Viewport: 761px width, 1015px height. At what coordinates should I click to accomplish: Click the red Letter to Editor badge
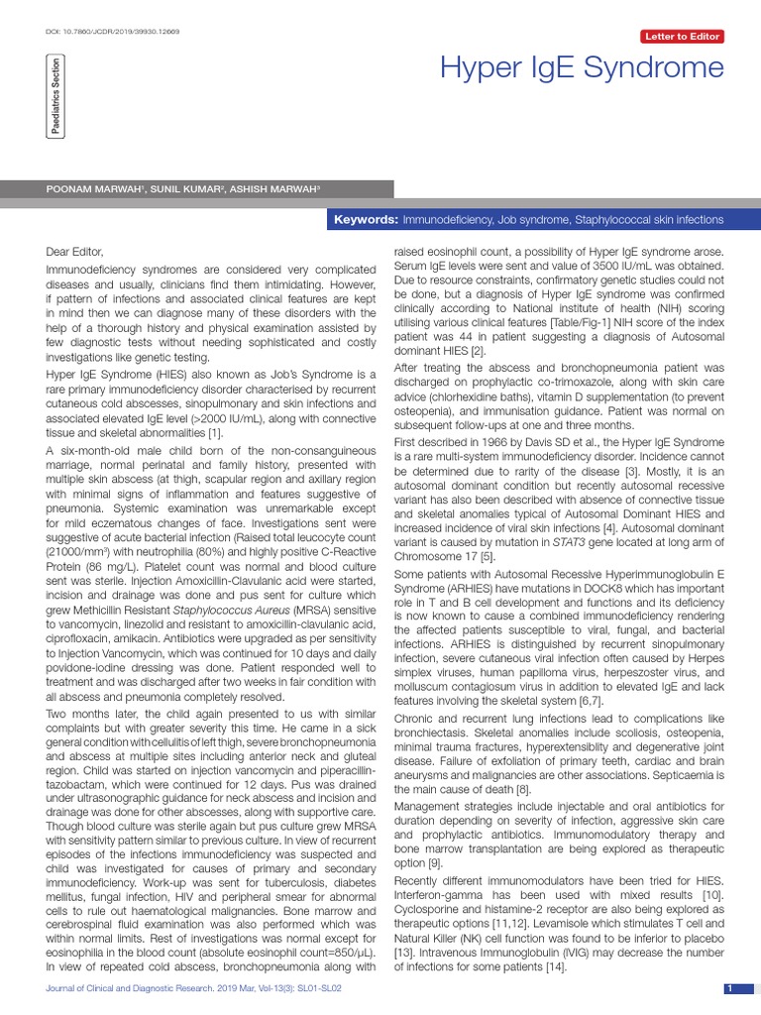[683, 37]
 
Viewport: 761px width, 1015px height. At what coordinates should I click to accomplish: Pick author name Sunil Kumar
[177, 188]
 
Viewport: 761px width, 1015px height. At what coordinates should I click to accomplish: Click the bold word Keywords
[365, 219]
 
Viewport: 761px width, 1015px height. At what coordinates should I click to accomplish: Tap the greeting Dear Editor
[74, 253]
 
